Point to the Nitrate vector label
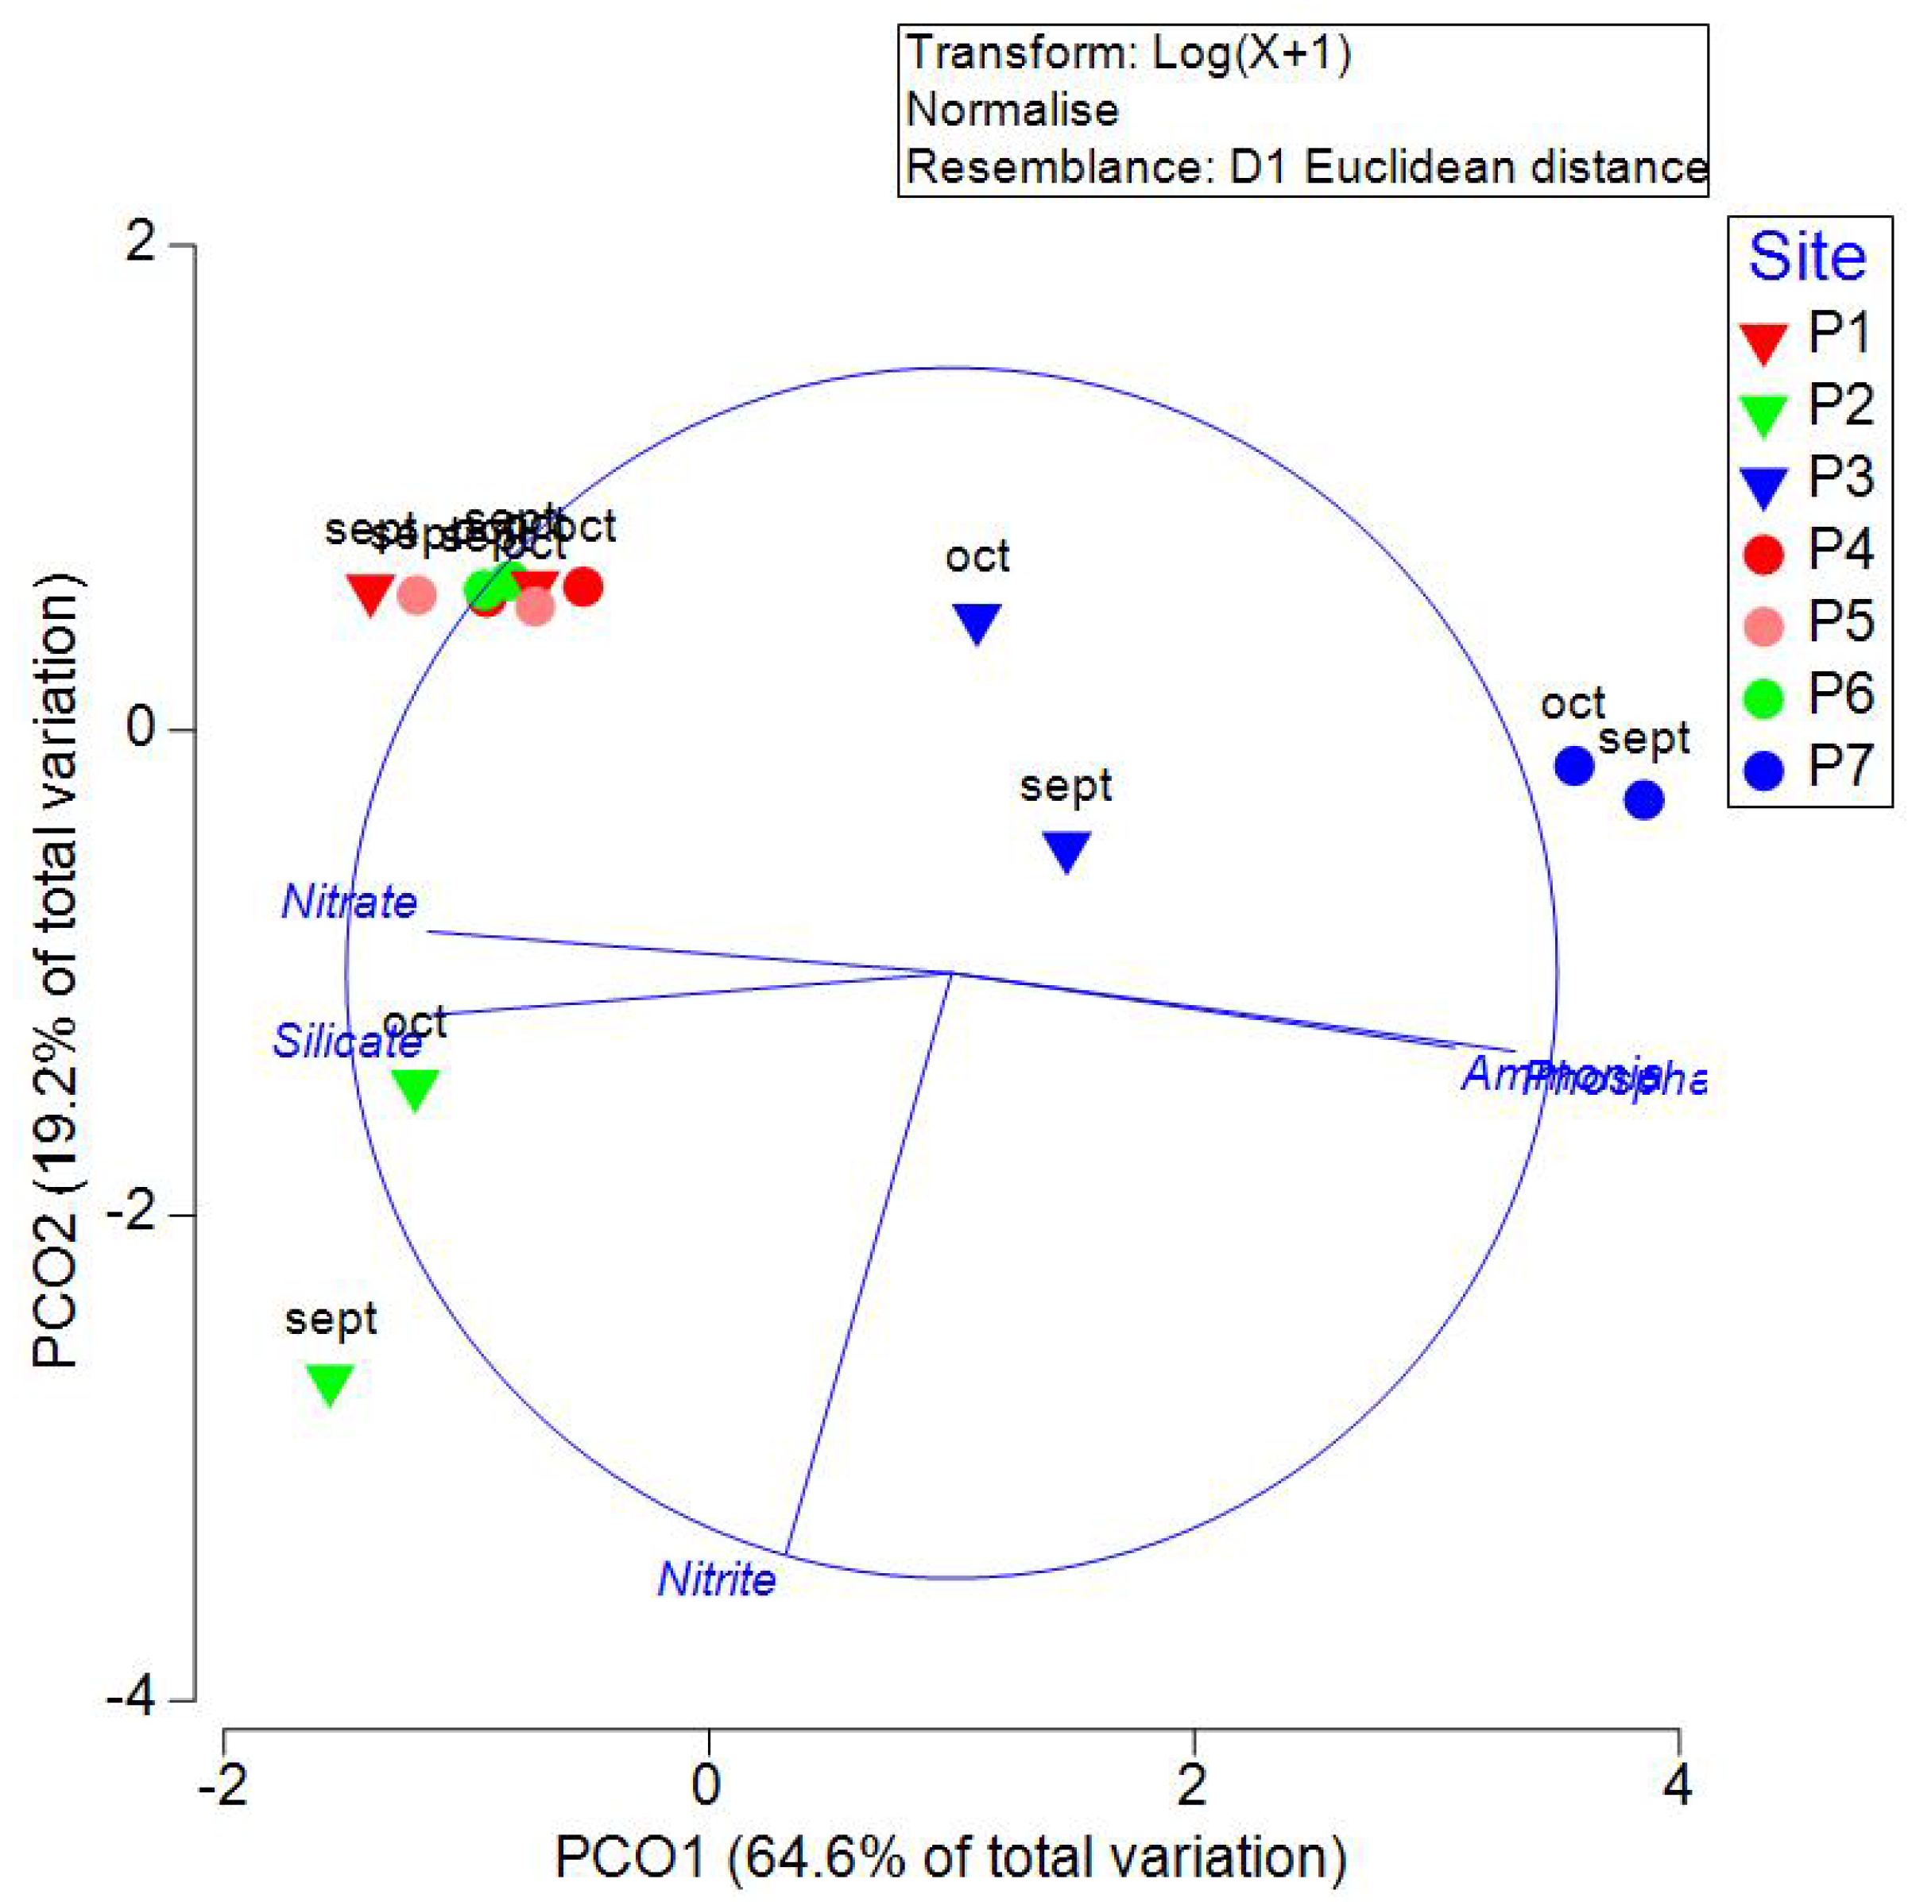(350, 903)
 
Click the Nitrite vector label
(717, 1580)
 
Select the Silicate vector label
(347, 1042)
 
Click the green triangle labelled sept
(330, 1382)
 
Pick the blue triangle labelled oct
(977, 623)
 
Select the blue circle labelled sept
(1644, 800)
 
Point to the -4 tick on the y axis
(146, 1702)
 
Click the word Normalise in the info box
(1013, 110)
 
